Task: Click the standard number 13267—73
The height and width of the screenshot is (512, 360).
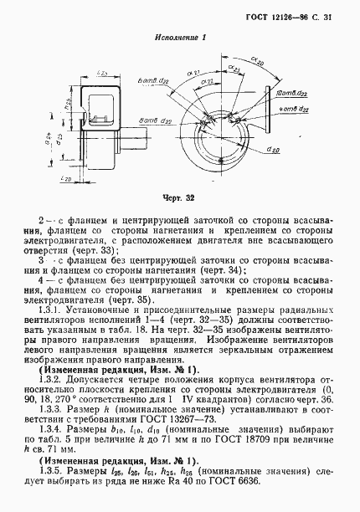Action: pyautogui.click(x=179, y=424)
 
